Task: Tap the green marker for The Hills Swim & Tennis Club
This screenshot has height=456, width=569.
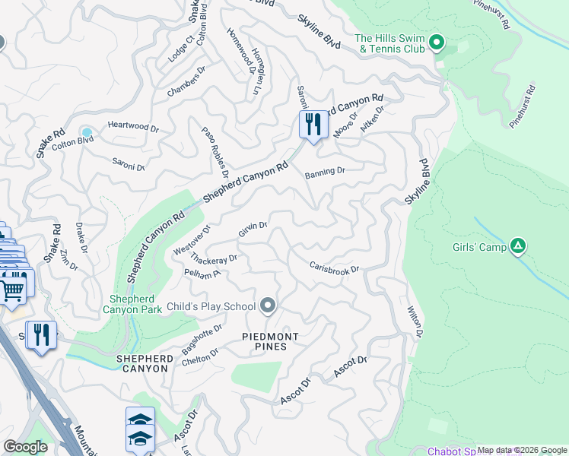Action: pyautogui.click(x=437, y=43)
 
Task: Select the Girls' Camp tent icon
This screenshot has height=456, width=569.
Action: pyautogui.click(x=518, y=245)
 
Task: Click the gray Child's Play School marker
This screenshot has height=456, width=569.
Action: pyautogui.click(x=267, y=306)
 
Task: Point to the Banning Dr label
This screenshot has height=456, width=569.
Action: pyautogui.click(x=325, y=173)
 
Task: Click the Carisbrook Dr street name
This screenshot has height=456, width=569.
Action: pyautogui.click(x=334, y=268)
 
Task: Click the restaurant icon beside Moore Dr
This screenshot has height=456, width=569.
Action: pyautogui.click(x=313, y=124)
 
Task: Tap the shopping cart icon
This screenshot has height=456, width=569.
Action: pyautogui.click(x=12, y=288)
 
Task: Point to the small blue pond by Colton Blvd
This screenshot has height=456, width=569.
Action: pyautogui.click(x=87, y=132)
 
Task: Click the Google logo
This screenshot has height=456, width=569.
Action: pyautogui.click(x=25, y=447)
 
